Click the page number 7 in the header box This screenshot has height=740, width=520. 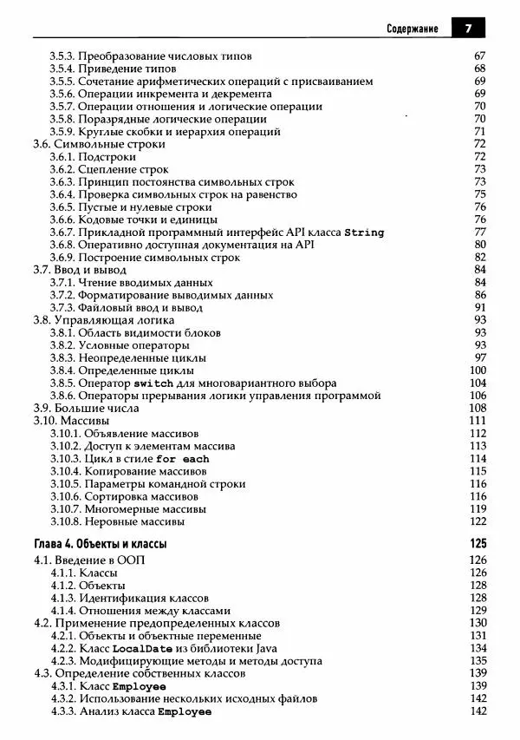468,29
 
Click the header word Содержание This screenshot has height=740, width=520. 412,29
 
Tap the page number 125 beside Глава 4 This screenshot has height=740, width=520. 478,544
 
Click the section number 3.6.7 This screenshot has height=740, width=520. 62,232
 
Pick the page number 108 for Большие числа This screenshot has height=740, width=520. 478,408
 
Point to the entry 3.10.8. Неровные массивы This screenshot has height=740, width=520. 117,521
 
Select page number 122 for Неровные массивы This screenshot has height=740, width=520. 478,521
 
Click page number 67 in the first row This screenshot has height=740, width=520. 480,56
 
